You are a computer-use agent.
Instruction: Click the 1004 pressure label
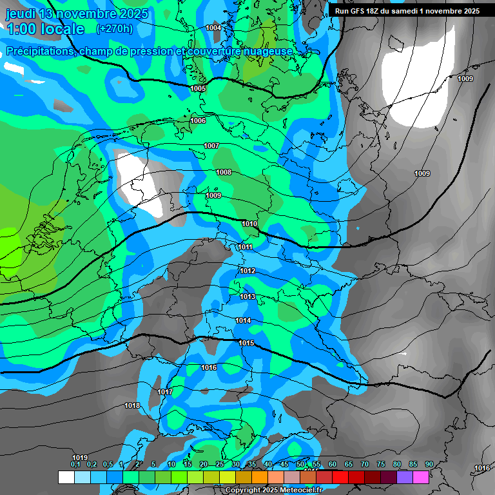click(x=213, y=28)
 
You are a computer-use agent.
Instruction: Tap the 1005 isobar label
click(x=198, y=88)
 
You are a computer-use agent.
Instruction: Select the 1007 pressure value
click(x=211, y=146)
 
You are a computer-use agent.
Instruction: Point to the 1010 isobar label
click(x=249, y=224)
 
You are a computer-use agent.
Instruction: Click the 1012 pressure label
click(x=247, y=271)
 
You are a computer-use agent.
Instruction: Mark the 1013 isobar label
click(x=247, y=296)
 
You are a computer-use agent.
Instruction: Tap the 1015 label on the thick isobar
click(x=246, y=343)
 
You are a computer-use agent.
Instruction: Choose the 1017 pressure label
click(x=165, y=392)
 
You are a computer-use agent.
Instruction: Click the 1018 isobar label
click(x=132, y=405)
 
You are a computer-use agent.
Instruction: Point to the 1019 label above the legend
click(x=80, y=458)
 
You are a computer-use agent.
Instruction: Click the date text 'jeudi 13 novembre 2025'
click(x=77, y=14)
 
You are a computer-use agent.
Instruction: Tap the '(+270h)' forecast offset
click(x=114, y=28)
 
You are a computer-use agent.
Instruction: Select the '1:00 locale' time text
click(x=45, y=29)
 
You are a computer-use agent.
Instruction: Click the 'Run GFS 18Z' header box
click(x=407, y=10)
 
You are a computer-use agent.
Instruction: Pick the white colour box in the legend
click(x=66, y=477)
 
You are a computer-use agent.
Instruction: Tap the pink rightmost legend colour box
click(x=421, y=477)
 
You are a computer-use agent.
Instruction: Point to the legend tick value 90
click(x=429, y=464)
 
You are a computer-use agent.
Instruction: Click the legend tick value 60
click(x=332, y=464)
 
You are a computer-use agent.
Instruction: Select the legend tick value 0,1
click(x=75, y=464)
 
